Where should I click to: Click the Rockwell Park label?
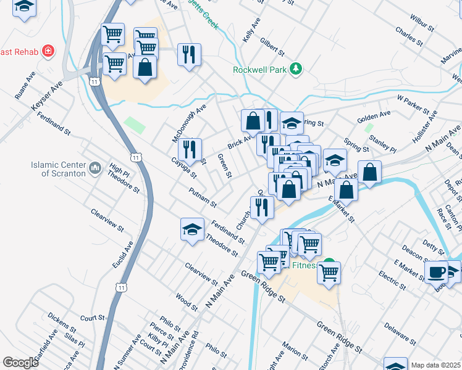[x=259, y=70]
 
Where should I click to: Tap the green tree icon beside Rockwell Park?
[x=296, y=69]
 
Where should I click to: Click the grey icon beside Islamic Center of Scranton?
[x=94, y=168]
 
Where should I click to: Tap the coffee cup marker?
[x=437, y=271]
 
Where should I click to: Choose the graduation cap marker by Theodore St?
[x=193, y=230]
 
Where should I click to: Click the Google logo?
[x=20, y=363]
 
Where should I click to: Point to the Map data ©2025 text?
[x=435, y=365]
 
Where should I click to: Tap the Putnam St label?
[x=203, y=197]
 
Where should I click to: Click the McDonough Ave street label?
[x=188, y=123]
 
